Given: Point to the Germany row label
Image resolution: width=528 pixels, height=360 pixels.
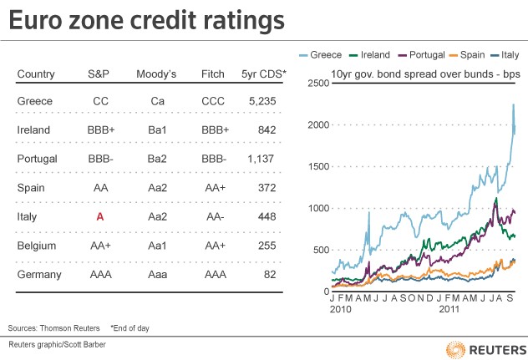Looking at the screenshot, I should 38,274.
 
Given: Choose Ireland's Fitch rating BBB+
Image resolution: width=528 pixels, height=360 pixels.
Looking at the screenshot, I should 216,129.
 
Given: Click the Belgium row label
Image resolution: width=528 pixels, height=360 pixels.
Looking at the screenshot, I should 36,246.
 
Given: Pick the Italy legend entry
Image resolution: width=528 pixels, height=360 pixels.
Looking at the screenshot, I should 507,54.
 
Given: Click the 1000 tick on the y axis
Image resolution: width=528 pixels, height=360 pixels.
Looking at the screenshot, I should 320,208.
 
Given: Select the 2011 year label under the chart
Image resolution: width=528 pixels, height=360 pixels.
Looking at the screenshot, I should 450,310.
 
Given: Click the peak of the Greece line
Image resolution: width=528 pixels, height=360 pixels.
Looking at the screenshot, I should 513,104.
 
